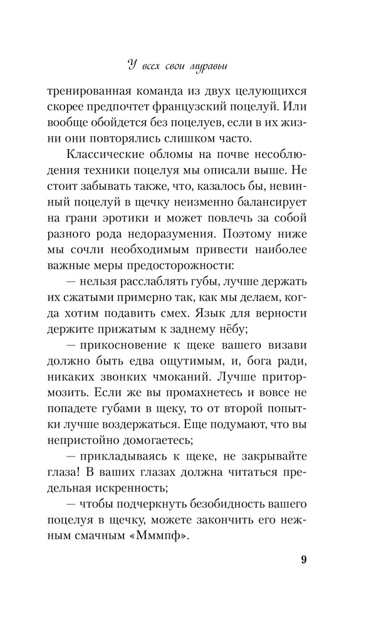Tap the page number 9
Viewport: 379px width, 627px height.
(303, 560)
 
